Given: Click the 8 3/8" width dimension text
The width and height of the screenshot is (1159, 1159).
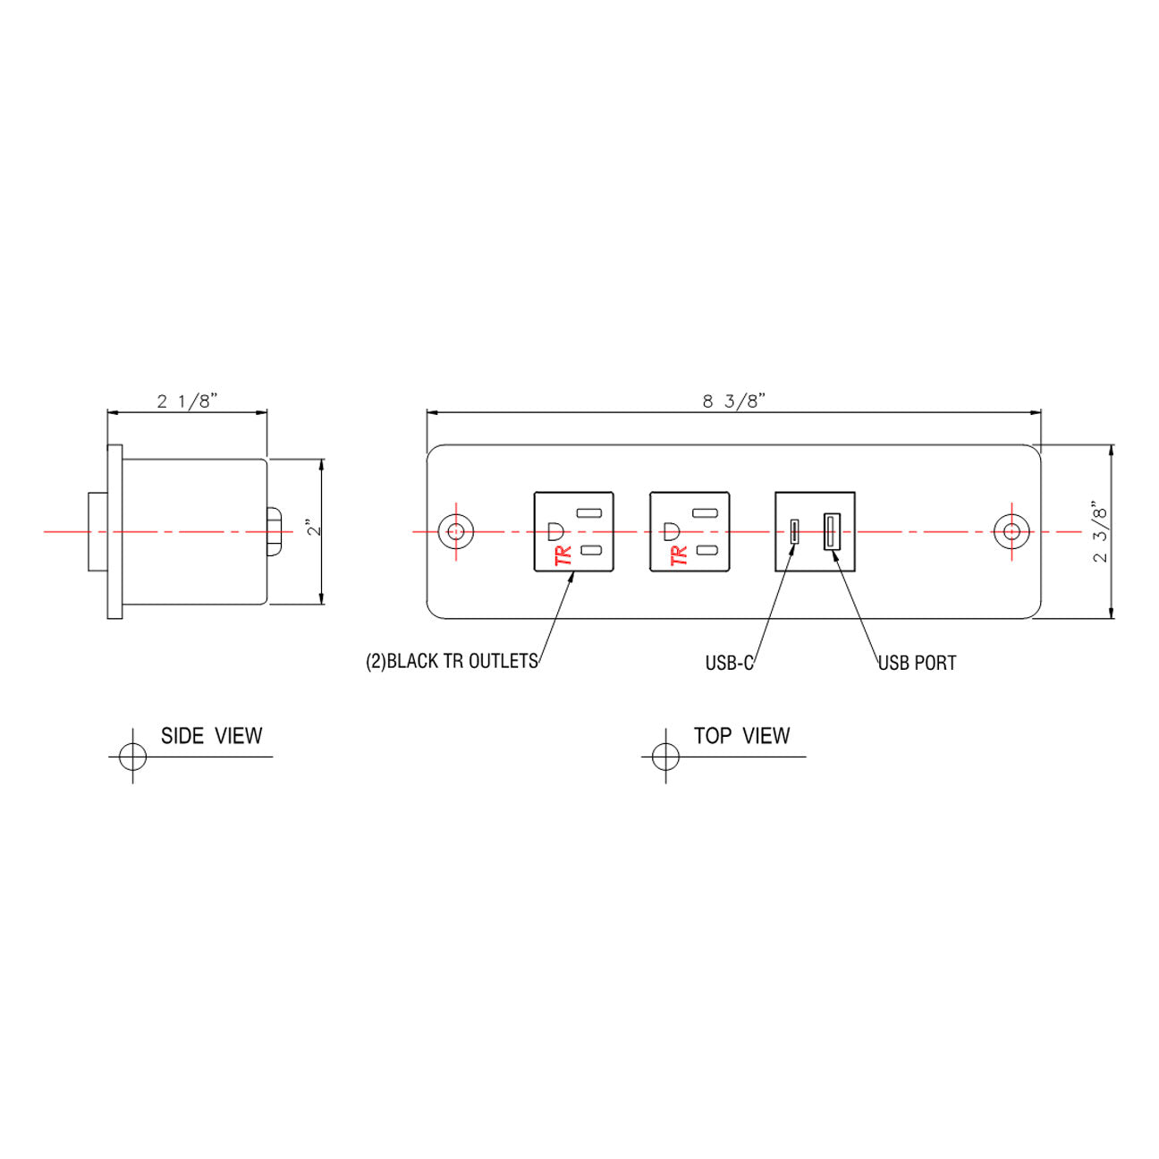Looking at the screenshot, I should (x=733, y=401).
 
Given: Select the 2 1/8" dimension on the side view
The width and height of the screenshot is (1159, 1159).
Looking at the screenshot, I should (x=187, y=401).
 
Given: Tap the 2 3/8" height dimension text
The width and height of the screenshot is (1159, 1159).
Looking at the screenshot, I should (x=1100, y=533).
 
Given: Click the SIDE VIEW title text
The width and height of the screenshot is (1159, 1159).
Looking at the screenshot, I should (x=211, y=736).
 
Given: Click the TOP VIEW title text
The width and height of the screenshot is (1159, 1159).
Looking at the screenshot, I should (x=741, y=736).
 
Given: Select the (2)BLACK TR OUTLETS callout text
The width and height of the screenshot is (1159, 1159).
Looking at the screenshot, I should (x=452, y=662).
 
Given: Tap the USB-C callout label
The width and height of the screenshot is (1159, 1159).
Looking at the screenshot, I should (x=729, y=664).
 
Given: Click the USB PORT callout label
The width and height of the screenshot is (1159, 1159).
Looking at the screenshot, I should (x=917, y=664).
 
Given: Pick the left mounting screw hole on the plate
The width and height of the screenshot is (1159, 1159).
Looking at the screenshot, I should (x=456, y=531).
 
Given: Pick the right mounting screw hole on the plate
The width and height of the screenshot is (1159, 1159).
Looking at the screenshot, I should (x=1011, y=531).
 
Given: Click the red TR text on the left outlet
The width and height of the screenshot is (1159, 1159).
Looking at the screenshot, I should (x=563, y=554).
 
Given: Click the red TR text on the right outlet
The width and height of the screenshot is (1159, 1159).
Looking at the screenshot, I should (x=679, y=554).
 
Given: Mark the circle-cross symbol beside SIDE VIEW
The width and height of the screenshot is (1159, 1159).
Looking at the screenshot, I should (x=132, y=756).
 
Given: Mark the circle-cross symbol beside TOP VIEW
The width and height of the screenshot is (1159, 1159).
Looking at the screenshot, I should (x=665, y=756).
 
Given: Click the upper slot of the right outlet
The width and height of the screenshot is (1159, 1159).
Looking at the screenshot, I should (x=706, y=513).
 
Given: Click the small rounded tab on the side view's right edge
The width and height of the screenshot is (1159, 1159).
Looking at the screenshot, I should (x=274, y=531).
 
